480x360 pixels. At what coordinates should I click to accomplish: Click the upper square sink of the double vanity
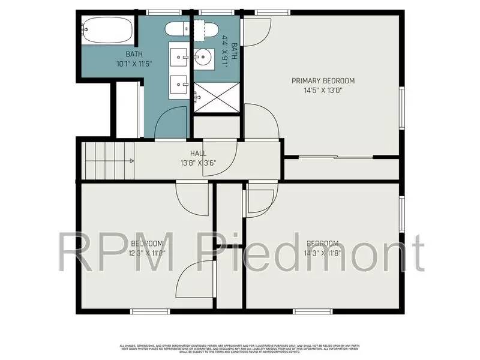[x=179, y=58]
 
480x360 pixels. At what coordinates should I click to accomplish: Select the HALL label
[x=199, y=154]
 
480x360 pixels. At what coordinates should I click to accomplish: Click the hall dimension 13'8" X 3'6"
[x=199, y=162]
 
